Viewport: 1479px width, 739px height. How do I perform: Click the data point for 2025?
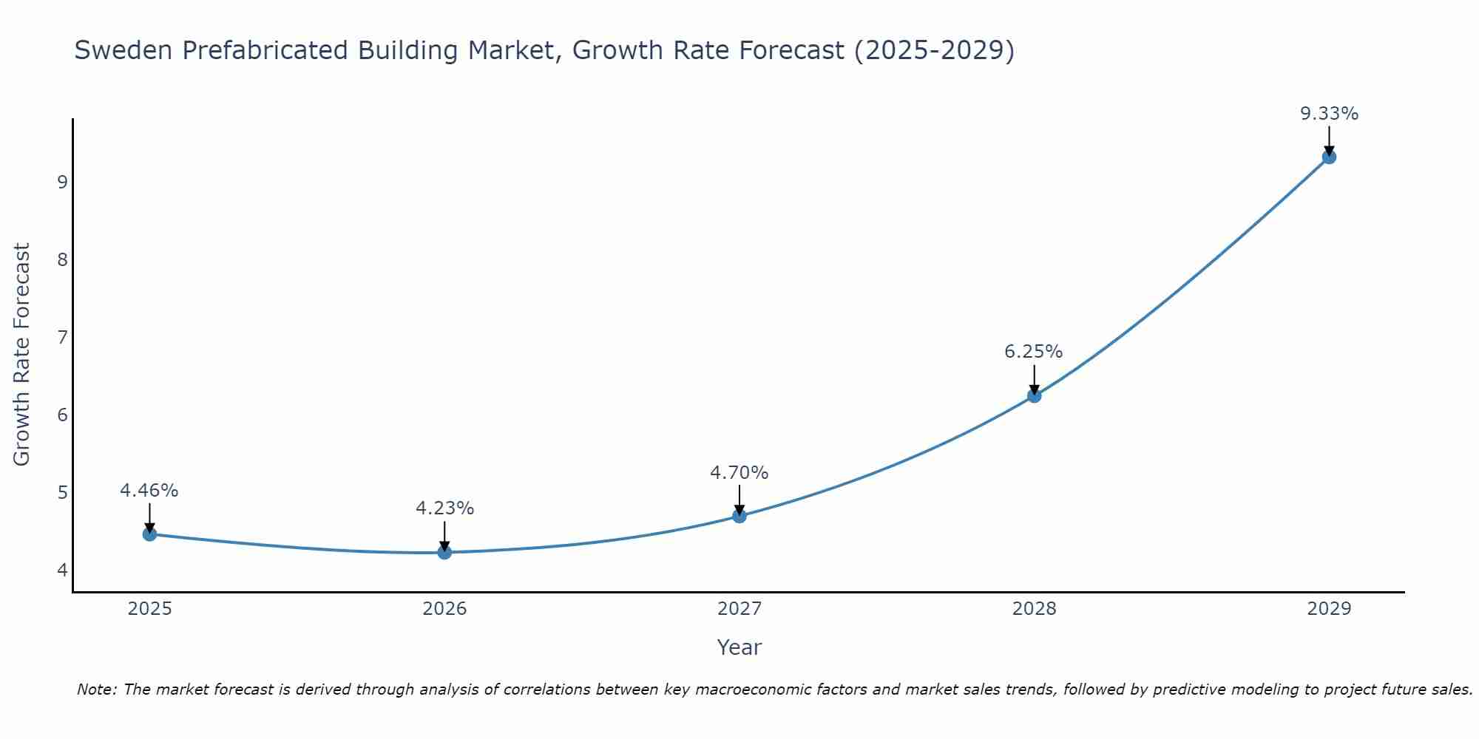click(x=149, y=534)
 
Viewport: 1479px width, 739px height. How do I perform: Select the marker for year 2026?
click(x=444, y=552)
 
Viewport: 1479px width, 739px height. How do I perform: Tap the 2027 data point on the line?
click(x=739, y=516)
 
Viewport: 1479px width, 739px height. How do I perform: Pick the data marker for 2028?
click(x=1034, y=396)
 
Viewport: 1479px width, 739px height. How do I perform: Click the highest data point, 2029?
click(x=1329, y=157)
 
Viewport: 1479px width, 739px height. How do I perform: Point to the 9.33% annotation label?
click(x=1329, y=114)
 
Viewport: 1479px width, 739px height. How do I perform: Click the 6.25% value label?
click(x=1033, y=352)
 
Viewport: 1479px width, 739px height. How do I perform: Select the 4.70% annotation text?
click(x=739, y=472)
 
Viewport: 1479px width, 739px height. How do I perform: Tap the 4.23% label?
click(x=444, y=508)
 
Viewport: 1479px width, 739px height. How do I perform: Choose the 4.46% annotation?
click(x=149, y=491)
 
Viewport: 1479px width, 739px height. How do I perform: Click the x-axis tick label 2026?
click(x=444, y=609)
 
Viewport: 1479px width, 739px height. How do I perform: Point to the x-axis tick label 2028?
click(x=1034, y=609)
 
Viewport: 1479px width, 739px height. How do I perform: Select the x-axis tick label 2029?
click(x=1329, y=609)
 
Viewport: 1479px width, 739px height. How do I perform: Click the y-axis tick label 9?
click(x=62, y=182)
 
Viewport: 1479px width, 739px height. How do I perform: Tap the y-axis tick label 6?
click(x=62, y=415)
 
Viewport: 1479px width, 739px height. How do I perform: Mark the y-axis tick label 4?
click(x=62, y=570)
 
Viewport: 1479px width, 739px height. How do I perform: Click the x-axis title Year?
click(x=739, y=647)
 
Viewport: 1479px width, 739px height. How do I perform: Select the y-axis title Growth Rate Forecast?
click(x=22, y=355)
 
